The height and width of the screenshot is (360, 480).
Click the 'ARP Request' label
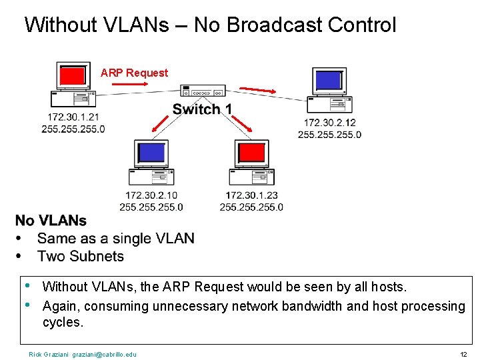[x=134, y=73]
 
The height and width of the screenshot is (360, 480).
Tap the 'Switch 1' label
[x=202, y=109]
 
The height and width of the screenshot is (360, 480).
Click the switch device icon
[x=203, y=91]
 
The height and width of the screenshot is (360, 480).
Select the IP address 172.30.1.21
[x=73, y=117]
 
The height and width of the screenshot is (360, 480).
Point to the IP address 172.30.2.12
[x=329, y=123]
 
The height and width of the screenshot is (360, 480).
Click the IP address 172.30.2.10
[x=151, y=195]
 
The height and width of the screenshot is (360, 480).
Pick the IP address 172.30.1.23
[x=251, y=195]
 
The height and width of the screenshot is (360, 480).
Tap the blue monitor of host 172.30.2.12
[x=328, y=80]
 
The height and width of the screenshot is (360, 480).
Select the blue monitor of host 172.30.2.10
[x=151, y=153]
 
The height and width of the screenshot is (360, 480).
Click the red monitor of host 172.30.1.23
[x=251, y=153]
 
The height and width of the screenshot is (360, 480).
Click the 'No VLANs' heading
[x=51, y=221]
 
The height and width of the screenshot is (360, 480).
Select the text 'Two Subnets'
[x=81, y=256]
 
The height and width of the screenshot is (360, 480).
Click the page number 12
[x=463, y=354]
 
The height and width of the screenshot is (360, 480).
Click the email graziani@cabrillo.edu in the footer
[x=104, y=354]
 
